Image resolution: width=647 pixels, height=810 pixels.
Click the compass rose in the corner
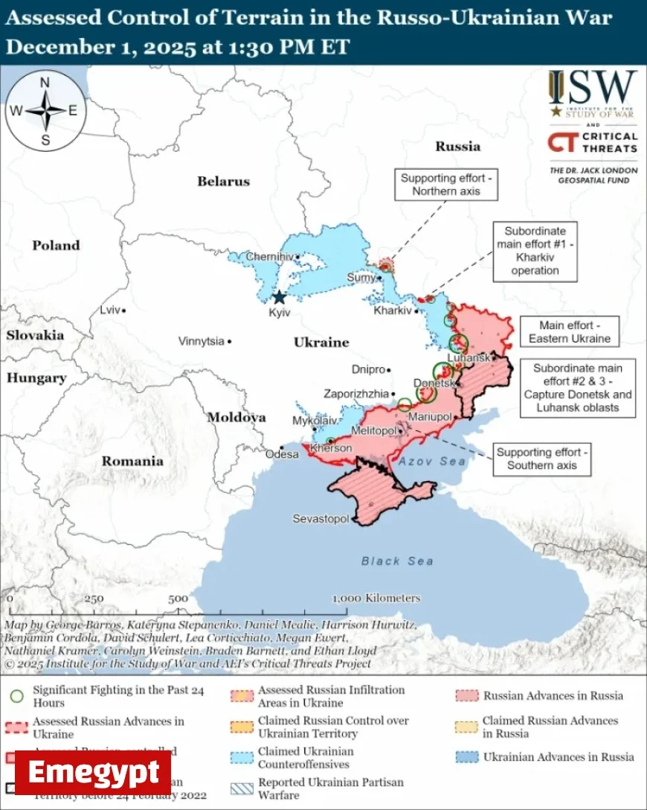45,111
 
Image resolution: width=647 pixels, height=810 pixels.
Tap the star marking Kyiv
279,297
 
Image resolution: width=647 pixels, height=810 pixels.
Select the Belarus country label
223,181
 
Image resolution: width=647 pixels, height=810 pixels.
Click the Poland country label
55,245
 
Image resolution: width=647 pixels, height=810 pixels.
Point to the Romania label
132,461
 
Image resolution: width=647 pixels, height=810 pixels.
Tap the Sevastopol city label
321,518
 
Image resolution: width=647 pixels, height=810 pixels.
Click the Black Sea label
397,561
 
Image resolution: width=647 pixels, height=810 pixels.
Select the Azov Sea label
432,462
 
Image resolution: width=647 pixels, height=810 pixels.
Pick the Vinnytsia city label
201,341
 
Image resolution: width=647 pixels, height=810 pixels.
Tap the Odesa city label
282,453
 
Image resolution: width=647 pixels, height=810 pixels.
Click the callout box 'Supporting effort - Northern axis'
446,185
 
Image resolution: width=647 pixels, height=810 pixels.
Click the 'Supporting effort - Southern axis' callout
542,459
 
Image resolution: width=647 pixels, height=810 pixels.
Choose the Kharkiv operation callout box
535,251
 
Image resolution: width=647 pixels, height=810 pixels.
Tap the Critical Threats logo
593,142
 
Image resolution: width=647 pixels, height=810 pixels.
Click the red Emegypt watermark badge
93,773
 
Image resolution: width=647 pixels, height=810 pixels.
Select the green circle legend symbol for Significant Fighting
17,697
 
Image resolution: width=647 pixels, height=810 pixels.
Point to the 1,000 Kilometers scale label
376,598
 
